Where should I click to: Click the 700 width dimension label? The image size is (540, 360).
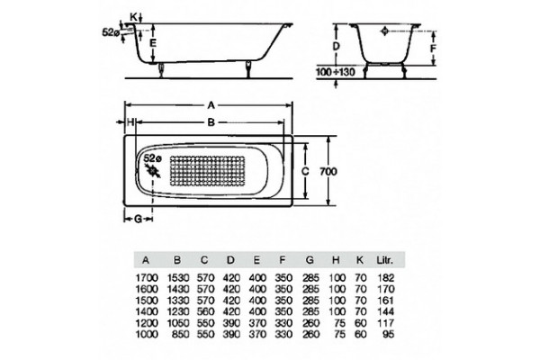click(x=328, y=171)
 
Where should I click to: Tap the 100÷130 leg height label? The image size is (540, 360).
click(x=335, y=72)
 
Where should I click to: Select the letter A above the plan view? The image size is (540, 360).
click(x=211, y=105)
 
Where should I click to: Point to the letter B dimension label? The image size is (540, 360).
click(x=211, y=122)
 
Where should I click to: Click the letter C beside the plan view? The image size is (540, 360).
click(x=305, y=171)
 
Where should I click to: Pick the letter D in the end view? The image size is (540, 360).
click(x=337, y=46)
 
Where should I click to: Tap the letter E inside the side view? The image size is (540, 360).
click(x=153, y=43)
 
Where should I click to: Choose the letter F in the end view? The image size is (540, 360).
click(x=433, y=49)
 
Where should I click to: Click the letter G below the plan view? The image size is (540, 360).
click(x=138, y=219)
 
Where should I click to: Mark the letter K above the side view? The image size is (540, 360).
click(x=134, y=16)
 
